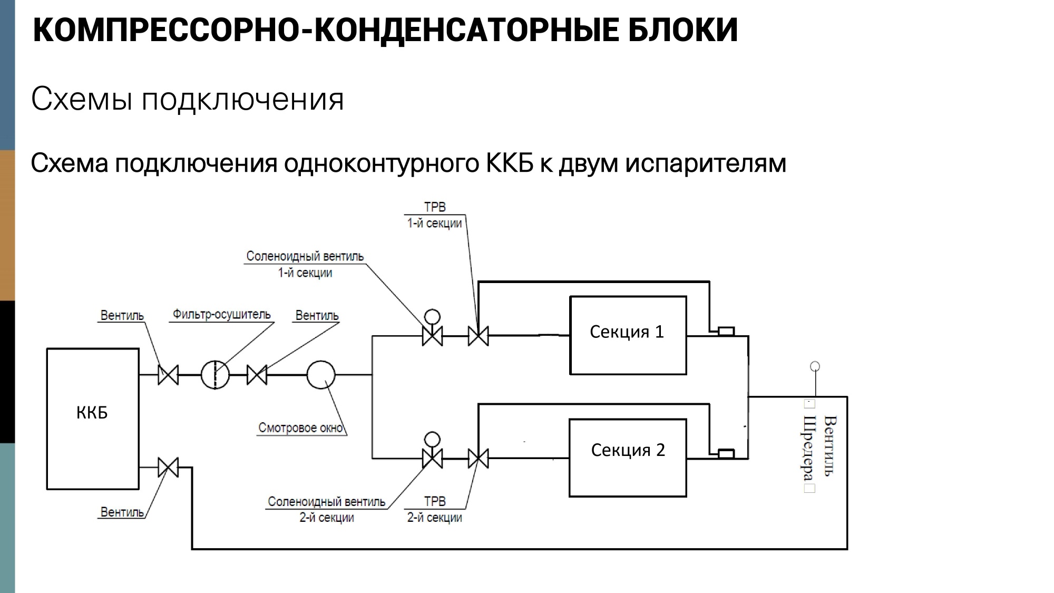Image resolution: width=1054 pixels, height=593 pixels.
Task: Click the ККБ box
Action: pyautogui.click(x=93, y=419)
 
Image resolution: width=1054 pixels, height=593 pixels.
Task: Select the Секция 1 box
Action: pyautogui.click(x=628, y=335)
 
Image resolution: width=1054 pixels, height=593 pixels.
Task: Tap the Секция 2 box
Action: pyautogui.click(x=628, y=458)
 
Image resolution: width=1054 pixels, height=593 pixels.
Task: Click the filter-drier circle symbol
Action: pyautogui.click(x=215, y=375)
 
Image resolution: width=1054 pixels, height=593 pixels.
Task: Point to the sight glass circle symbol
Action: pyautogui.click(x=321, y=375)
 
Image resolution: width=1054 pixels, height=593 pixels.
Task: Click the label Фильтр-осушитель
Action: pyautogui.click(x=222, y=315)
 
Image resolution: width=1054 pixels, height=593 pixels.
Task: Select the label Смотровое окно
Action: pyautogui.click(x=301, y=427)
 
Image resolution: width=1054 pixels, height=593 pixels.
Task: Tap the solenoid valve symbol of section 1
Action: pyautogui.click(x=432, y=335)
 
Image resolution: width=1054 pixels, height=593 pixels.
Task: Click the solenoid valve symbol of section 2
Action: pyautogui.click(x=432, y=458)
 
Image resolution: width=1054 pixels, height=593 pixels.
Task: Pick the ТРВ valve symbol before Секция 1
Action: pyautogui.click(x=478, y=335)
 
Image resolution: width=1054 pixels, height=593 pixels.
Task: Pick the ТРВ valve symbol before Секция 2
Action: pyautogui.click(x=478, y=458)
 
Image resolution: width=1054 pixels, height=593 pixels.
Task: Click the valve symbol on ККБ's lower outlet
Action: pyautogui.click(x=168, y=467)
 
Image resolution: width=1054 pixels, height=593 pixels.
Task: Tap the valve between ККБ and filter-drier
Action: pyautogui.click(x=168, y=375)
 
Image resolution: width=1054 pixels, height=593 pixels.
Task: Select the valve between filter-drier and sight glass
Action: pyautogui.click(x=257, y=375)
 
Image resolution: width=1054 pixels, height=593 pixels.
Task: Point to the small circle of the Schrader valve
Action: pyautogui.click(x=815, y=366)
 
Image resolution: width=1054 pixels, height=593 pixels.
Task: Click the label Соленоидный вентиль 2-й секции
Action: pyautogui.click(x=327, y=509)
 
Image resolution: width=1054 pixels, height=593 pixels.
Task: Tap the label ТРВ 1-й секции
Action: pyautogui.click(x=435, y=215)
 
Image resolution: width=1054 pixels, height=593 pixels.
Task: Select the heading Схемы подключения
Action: pyautogui.click(x=187, y=99)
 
